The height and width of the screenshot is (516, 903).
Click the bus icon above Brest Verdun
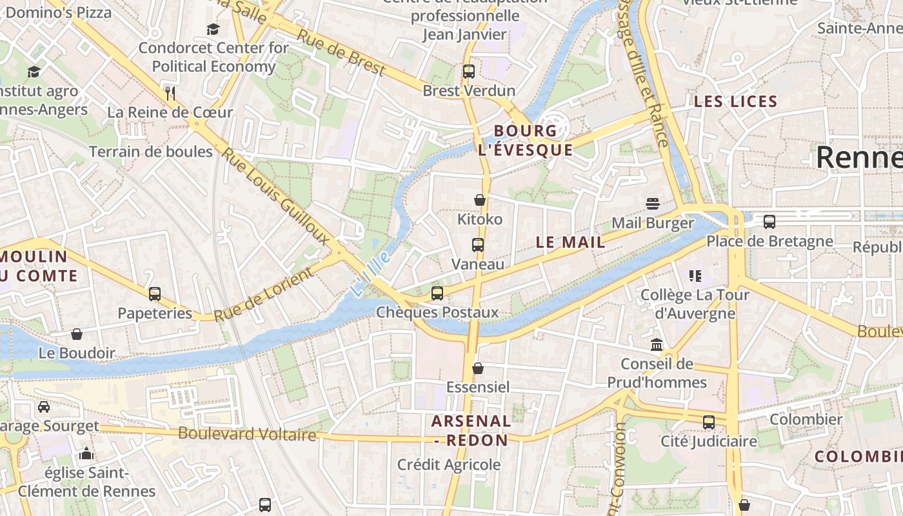pos(469,72)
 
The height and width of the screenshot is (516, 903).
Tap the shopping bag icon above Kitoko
pos(479,200)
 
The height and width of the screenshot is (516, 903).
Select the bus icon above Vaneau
pos(477,245)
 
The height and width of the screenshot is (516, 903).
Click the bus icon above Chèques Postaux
pos(437,293)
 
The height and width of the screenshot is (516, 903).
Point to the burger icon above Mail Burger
pos(652,204)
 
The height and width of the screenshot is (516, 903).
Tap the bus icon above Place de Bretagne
pos(769,222)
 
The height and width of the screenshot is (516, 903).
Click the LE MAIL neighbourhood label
pos(571,243)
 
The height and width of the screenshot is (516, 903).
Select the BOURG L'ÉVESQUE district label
pos(525,141)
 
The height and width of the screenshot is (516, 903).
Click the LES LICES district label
pos(735,101)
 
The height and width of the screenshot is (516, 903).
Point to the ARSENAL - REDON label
pos(471,431)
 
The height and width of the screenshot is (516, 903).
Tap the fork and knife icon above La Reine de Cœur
pos(170,93)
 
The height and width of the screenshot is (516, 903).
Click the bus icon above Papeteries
pos(155,294)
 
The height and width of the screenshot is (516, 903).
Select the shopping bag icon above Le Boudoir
pos(77,334)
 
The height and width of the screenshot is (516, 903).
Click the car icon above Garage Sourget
pos(44,406)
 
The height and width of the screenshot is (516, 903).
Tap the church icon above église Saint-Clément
pos(86,453)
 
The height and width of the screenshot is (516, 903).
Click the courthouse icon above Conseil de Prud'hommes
pos(657,344)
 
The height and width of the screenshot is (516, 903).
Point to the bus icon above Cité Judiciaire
pos(708,422)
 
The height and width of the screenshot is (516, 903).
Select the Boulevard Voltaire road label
pos(247,433)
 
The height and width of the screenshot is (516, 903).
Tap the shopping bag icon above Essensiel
pos(478,368)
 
